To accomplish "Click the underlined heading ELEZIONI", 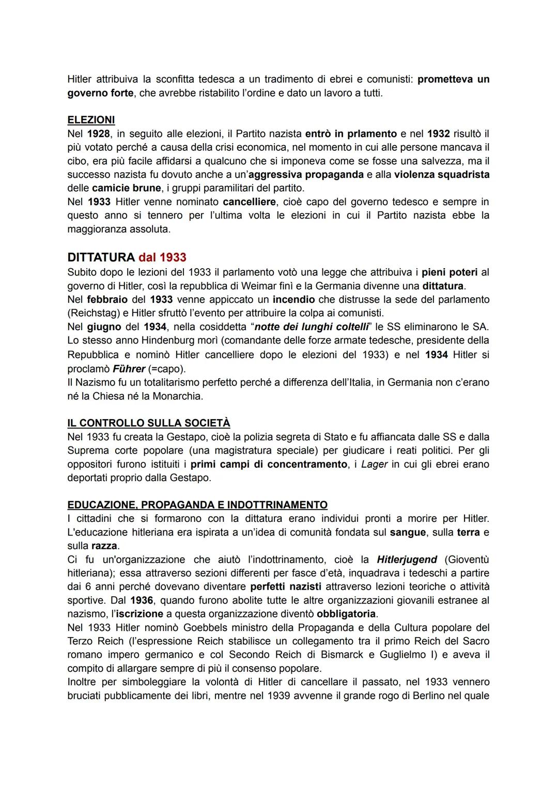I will pos(91,120).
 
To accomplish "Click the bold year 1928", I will pos(98,134).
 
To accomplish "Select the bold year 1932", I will pos(438,134).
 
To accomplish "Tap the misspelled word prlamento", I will pos(368,134).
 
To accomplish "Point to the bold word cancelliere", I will pos(250,202).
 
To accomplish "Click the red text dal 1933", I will pos(162,257).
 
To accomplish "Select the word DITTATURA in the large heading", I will pos(101,257).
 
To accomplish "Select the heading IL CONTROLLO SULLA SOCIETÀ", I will pos(149,423).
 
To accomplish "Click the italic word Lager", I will pos(374,464).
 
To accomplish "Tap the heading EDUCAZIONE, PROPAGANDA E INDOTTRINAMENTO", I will pos(197,505).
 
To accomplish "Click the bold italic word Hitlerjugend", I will pos(407,559).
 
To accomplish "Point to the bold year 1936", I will pos(141,600).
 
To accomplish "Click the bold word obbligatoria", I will pos(346,614).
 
